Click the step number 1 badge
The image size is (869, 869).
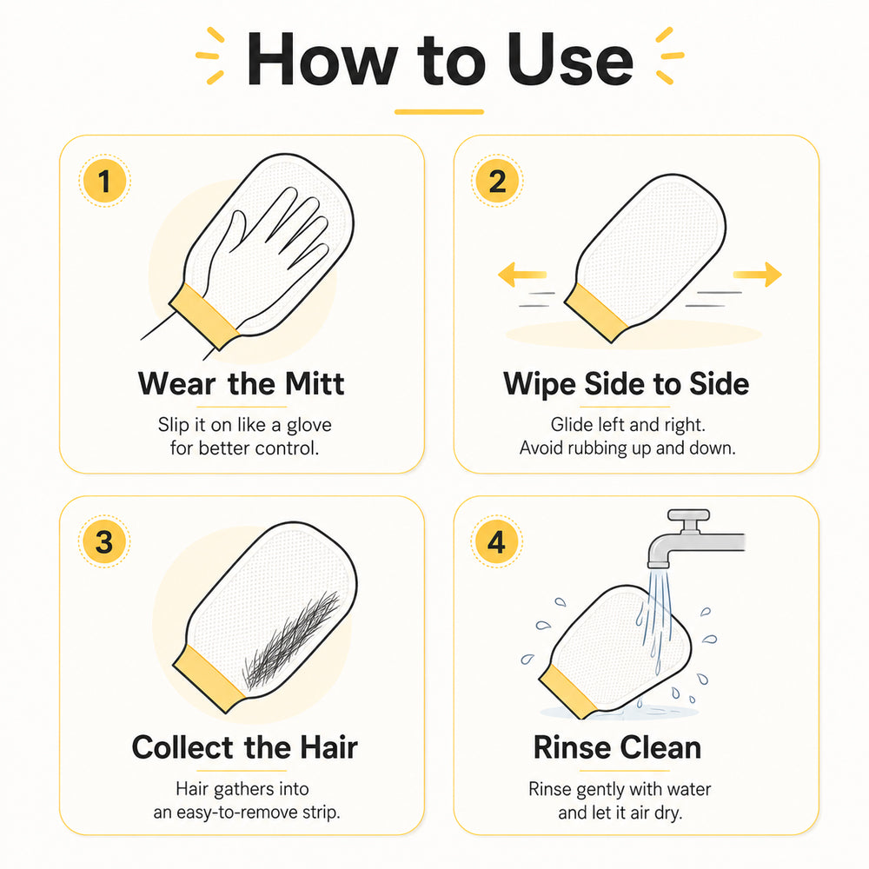point(104,182)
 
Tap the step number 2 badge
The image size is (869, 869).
point(497,182)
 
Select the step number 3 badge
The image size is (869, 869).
point(104,541)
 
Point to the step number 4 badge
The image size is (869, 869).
point(496,541)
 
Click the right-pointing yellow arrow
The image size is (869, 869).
point(757,275)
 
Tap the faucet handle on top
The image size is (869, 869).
point(688,514)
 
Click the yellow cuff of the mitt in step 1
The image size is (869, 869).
point(204,316)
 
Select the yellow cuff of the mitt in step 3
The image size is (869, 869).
point(209,679)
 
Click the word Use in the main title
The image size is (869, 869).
point(570,59)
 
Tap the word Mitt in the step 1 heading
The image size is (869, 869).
point(315,383)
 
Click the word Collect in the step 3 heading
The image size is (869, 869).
point(182,747)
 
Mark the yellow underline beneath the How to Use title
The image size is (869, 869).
point(439,112)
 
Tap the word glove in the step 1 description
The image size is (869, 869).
point(308,425)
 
